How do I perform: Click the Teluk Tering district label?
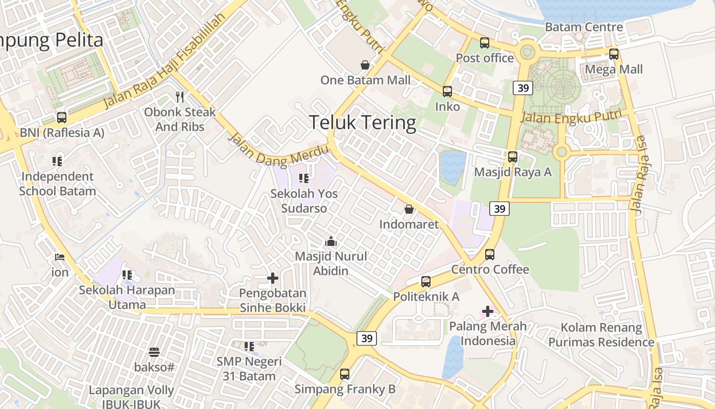click(x=363, y=123)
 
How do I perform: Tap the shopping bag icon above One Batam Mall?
click(x=365, y=65)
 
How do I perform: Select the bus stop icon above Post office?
click(x=485, y=43)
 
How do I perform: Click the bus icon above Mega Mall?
click(x=614, y=54)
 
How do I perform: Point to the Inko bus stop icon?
click(x=447, y=92)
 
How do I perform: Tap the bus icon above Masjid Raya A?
click(x=513, y=157)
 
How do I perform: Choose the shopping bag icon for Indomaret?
click(x=409, y=209)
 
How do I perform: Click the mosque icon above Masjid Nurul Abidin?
click(x=331, y=241)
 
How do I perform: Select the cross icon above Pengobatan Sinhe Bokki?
click(x=273, y=278)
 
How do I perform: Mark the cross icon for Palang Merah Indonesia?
click(x=488, y=311)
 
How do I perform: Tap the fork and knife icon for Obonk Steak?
click(x=179, y=97)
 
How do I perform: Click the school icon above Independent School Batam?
click(x=57, y=162)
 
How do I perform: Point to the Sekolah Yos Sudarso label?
click(x=304, y=201)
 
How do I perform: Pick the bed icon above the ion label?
click(x=60, y=257)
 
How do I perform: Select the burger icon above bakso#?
click(x=154, y=352)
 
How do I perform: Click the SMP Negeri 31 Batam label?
click(x=249, y=369)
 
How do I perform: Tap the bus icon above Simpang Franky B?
click(x=345, y=374)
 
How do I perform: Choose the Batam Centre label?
click(x=584, y=27)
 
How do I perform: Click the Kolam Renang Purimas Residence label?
click(x=601, y=335)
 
